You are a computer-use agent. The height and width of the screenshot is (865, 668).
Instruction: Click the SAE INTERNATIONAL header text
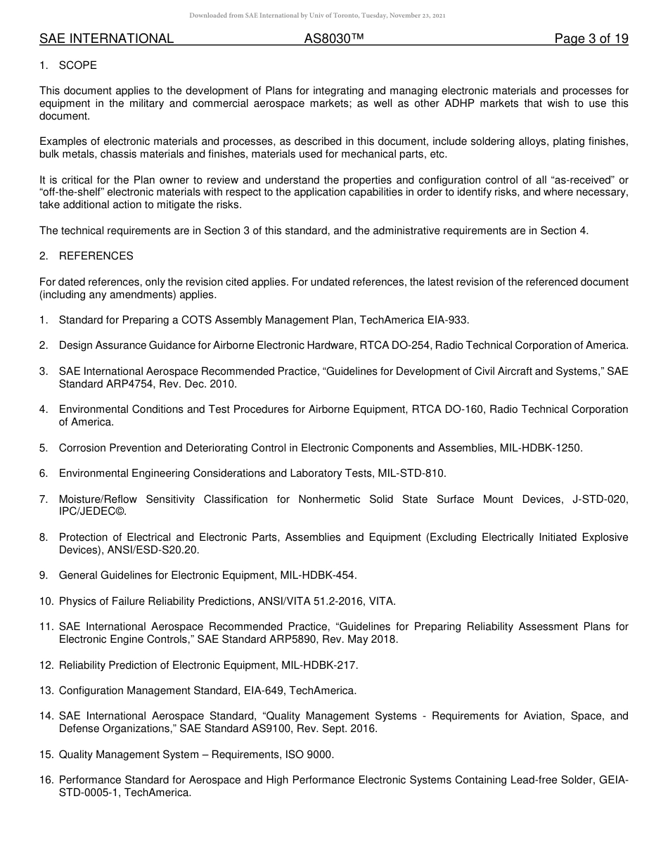coord(106,39)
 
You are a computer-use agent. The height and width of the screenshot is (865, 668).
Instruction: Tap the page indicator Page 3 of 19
coord(591,39)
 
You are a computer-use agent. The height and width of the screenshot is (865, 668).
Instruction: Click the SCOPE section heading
coord(78,65)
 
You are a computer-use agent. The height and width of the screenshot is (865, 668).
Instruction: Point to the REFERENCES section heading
coord(96,256)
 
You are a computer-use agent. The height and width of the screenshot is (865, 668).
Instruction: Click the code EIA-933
coord(447,320)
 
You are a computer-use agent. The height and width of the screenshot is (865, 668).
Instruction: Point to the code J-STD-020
coord(596,499)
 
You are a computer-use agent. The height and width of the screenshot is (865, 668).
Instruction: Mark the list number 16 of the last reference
coord(46,780)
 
